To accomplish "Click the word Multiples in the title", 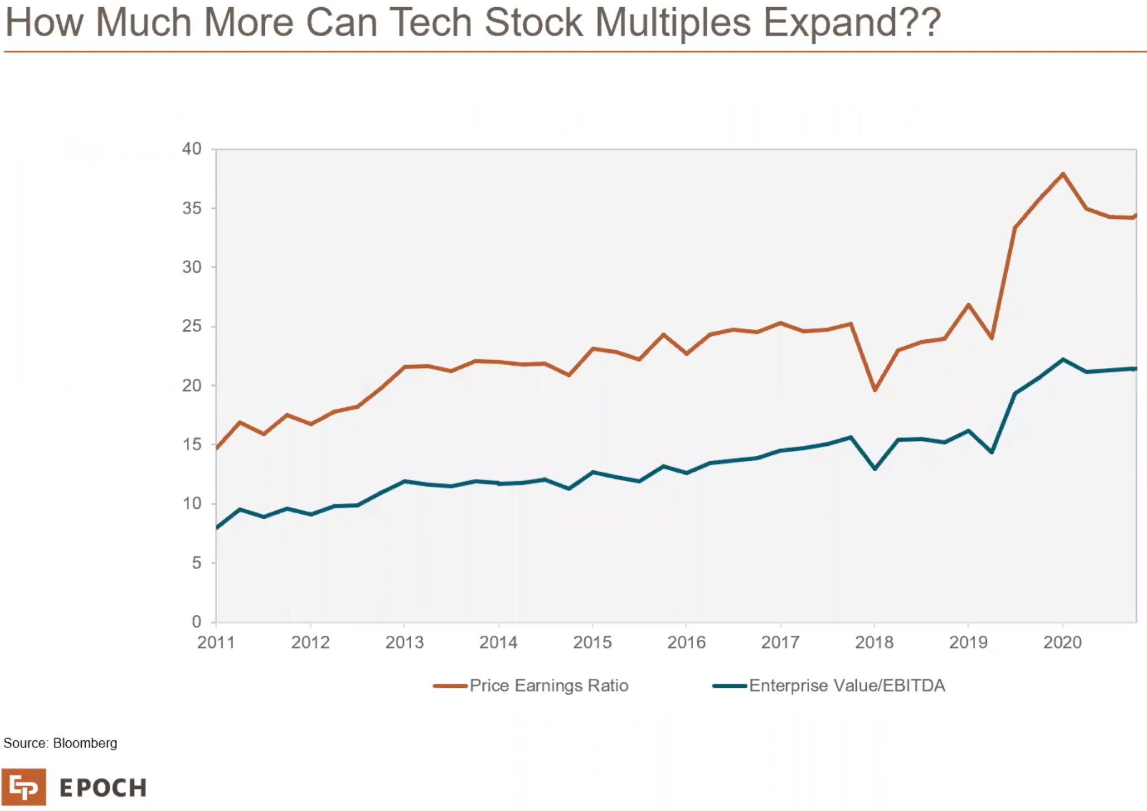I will (x=673, y=23).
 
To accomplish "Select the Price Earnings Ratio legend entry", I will (x=548, y=686).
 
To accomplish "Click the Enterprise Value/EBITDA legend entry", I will (x=846, y=686).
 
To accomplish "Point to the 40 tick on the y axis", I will (x=192, y=149).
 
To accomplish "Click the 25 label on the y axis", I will (x=192, y=326).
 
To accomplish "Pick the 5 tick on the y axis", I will (x=196, y=563).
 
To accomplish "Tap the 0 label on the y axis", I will (x=196, y=622).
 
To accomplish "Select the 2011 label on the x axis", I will (x=216, y=643).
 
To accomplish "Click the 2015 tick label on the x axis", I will (x=592, y=643).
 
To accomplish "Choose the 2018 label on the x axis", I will (x=874, y=643).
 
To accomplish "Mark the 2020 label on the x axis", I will (x=1062, y=643).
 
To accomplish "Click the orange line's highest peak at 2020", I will (x=1062, y=174).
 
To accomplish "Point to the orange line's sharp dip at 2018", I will (x=874, y=390).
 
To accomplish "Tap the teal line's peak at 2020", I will (x=1062, y=360).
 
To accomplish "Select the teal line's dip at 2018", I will (x=874, y=468).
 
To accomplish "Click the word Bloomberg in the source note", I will (x=85, y=743).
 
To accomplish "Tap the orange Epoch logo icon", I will (x=24, y=787).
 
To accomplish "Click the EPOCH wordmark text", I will (x=103, y=788).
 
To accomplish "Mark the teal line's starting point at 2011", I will (x=217, y=528).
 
